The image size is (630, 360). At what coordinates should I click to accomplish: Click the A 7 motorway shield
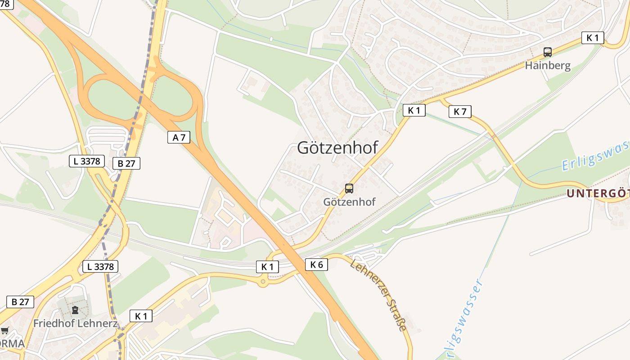(179, 137)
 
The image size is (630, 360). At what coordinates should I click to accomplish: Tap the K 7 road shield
(460, 112)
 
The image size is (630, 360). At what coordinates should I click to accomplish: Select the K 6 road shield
(316, 265)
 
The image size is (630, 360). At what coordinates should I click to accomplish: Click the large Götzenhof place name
(337, 148)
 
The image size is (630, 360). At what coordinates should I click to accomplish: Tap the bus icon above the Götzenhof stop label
(349, 189)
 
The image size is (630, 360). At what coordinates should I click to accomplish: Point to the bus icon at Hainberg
(547, 52)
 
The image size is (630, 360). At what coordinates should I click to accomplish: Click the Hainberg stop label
(548, 65)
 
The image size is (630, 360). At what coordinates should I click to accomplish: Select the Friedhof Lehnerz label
(75, 323)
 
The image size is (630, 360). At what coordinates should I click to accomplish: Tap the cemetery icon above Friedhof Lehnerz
(75, 310)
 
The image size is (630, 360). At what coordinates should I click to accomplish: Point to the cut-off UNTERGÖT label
(598, 193)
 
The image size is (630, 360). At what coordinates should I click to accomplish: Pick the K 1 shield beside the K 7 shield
(414, 110)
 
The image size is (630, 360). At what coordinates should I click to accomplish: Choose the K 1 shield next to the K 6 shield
(267, 266)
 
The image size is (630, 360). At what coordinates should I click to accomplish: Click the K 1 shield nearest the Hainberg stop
(593, 38)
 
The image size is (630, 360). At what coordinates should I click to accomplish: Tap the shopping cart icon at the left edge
(4, 331)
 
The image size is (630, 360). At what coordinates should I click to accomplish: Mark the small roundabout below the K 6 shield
(263, 282)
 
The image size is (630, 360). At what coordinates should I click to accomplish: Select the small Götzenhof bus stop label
(349, 202)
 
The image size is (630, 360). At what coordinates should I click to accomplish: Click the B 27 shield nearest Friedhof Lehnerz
(20, 301)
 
